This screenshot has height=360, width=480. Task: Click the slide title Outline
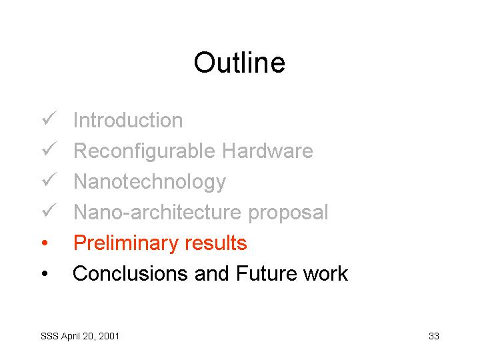tap(240, 63)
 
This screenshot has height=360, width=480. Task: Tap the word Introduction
tap(128, 120)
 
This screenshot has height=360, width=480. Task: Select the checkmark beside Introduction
tap(49, 118)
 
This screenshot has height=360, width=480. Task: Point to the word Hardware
tap(267, 151)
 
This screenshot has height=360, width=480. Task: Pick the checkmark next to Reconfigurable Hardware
tap(49, 149)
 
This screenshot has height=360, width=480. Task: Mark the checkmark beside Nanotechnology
tap(49, 179)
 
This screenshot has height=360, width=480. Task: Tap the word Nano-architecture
tap(157, 212)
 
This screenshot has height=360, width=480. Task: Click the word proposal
tap(288, 213)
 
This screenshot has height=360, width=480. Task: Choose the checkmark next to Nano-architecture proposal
tap(49, 210)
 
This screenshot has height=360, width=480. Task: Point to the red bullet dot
tap(45, 243)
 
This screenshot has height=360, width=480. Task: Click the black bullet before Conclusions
tap(45, 273)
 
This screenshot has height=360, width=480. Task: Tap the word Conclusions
tap(131, 273)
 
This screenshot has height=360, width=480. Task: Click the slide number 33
tap(434, 336)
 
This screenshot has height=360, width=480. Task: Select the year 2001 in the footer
tap(109, 336)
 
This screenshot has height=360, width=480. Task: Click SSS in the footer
tap(49, 336)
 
